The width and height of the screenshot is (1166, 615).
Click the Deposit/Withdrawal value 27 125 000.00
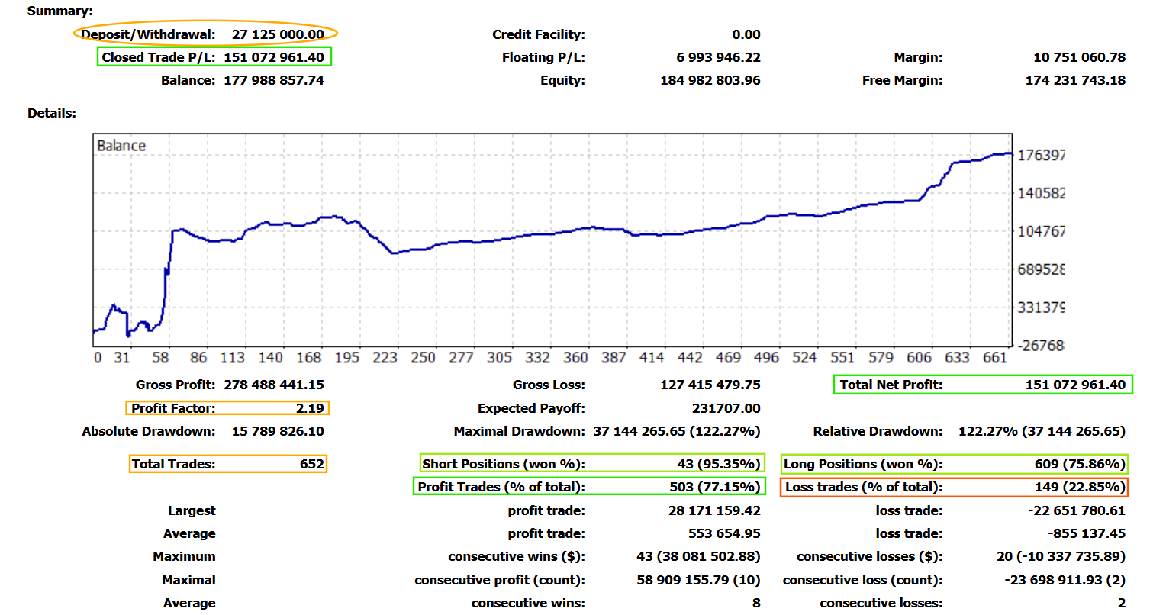point(278,34)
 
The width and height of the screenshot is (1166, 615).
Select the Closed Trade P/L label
point(159,57)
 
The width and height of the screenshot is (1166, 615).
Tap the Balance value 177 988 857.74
point(273,80)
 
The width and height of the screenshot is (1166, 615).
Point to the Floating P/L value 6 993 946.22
point(718,57)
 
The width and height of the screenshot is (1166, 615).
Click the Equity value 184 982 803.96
point(710,80)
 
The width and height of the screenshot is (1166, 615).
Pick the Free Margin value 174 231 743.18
point(1075,80)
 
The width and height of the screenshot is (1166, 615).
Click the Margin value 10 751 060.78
point(1079,57)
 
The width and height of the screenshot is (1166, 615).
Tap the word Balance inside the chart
point(121,146)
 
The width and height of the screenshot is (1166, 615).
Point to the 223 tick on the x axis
point(385,358)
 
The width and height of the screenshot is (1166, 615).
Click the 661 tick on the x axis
point(995,358)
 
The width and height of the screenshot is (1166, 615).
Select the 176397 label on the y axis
point(1041,156)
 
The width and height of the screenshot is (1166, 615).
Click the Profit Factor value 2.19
point(310,408)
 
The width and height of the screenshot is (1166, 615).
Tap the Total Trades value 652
point(311,464)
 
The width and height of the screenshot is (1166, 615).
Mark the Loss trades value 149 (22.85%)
point(1077,487)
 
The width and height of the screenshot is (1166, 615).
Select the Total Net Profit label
point(891,385)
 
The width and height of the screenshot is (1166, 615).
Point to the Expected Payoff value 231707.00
point(726,408)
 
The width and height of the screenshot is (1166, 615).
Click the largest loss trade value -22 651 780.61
point(1076,510)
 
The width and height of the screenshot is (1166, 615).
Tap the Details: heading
point(52,113)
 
